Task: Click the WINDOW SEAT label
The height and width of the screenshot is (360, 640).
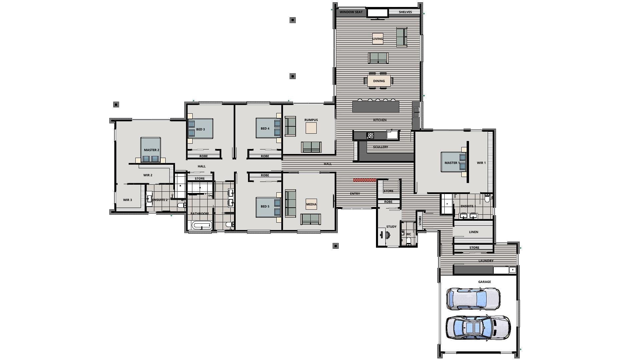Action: [x=351, y=12]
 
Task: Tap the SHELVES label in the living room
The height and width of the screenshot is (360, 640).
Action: [x=405, y=12]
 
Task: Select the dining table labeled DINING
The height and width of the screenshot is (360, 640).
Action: [x=379, y=81]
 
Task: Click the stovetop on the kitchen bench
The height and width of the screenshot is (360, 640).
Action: [x=370, y=135]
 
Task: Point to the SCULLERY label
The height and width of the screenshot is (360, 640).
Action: [x=380, y=147]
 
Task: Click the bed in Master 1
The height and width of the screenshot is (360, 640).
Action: [x=453, y=162]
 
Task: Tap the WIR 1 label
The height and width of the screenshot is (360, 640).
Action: [x=481, y=163]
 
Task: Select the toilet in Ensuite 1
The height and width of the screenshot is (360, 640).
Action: [x=487, y=199]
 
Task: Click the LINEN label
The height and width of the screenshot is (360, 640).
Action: [x=473, y=232]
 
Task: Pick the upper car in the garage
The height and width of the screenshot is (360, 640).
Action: [x=473, y=298]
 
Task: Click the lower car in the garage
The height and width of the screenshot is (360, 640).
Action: [x=478, y=328]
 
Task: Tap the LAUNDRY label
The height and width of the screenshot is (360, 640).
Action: [x=486, y=261]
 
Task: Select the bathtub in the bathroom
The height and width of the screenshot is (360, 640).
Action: [x=202, y=226]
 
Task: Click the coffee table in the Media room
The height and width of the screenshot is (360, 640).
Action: [x=311, y=204]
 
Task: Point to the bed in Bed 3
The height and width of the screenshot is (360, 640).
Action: [x=200, y=129]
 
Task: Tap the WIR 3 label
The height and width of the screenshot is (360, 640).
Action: [x=127, y=200]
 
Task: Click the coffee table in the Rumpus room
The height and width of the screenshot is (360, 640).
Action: [x=311, y=128]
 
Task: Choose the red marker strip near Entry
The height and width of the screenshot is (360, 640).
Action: [x=365, y=180]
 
